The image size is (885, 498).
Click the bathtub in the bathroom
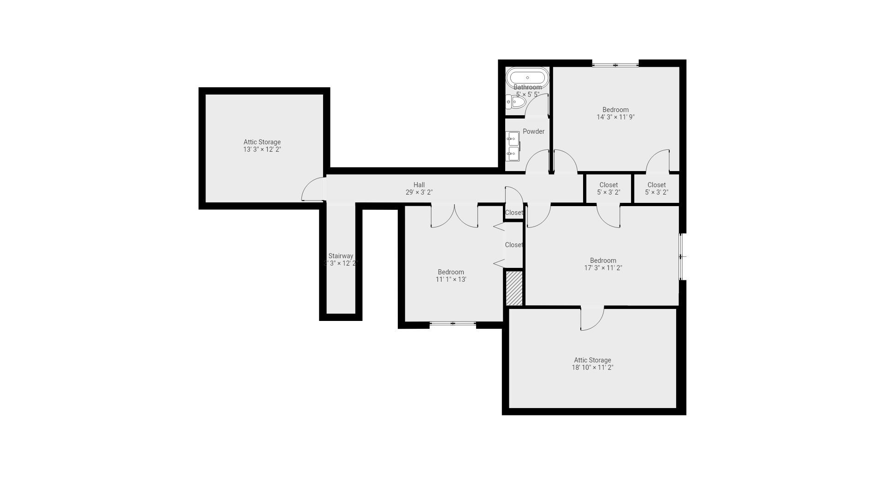point(527,77)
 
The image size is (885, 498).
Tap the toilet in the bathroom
point(515,101)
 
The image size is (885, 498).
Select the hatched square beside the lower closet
point(514,288)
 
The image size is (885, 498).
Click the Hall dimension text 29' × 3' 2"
point(419,192)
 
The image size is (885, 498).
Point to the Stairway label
point(341,256)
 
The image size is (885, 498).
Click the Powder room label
point(533,131)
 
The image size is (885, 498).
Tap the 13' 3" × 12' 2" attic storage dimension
point(262,149)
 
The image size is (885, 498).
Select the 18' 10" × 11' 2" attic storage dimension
point(592,368)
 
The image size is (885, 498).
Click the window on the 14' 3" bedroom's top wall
point(615,65)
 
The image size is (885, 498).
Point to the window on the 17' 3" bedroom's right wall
point(681,256)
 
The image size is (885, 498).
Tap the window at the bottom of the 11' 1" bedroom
point(453,324)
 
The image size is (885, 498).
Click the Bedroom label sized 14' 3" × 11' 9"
point(615,110)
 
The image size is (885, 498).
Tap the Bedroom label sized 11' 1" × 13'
point(451,272)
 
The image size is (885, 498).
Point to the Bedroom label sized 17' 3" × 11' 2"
point(603,261)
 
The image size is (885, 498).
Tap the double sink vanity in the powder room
point(513,146)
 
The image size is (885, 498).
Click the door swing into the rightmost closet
point(658,161)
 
